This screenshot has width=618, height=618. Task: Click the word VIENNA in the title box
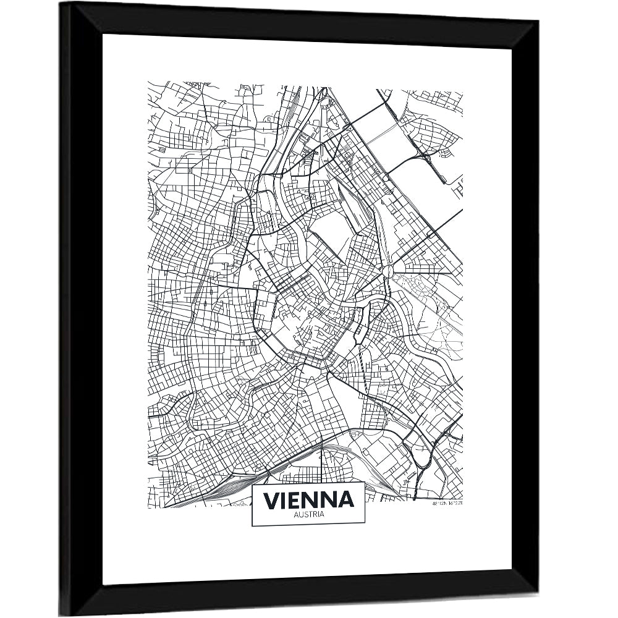[308, 499]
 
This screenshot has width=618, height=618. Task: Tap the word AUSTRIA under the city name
[308, 514]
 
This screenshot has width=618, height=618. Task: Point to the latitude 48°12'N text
[439, 503]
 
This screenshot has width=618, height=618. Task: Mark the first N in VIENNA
[312, 499]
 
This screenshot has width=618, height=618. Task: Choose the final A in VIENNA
[346, 499]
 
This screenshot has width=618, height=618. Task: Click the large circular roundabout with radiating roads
[389, 271]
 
